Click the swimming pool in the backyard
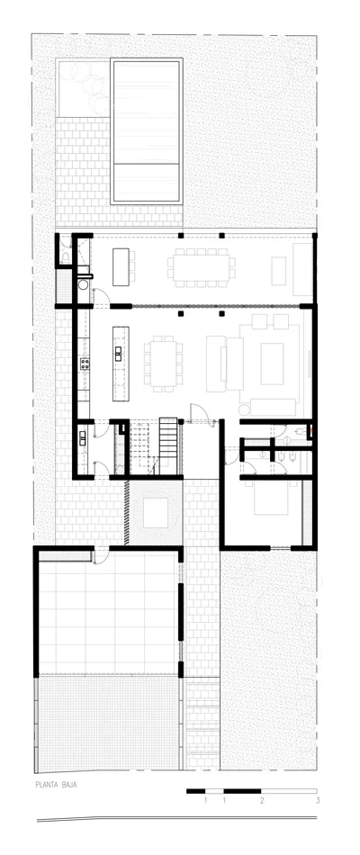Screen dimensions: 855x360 point(148,131)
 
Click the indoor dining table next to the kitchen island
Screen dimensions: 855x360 point(165,364)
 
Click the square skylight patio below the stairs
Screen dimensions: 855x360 point(157,512)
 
